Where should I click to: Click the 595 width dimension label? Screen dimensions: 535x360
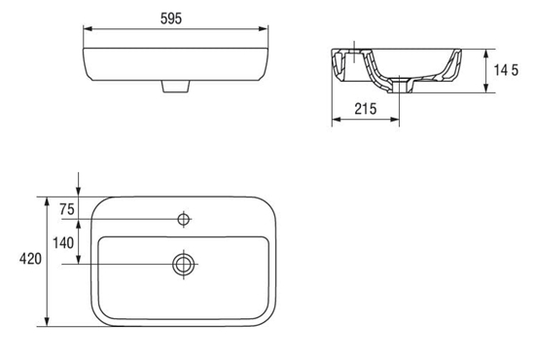tap(171, 18)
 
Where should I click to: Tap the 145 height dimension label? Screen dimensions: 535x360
tap(507, 70)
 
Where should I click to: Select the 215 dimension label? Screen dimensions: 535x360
tap(366, 109)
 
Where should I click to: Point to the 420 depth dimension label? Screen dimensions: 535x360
tap(30, 259)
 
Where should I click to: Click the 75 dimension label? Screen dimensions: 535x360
tap(67, 209)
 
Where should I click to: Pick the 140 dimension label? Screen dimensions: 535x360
tap(63, 243)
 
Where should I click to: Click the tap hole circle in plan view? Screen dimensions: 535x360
tap(184, 219)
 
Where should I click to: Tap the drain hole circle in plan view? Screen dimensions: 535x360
tap(184, 264)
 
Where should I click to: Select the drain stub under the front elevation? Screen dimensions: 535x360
tap(175, 87)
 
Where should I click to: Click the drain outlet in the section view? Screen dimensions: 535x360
tap(399, 85)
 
